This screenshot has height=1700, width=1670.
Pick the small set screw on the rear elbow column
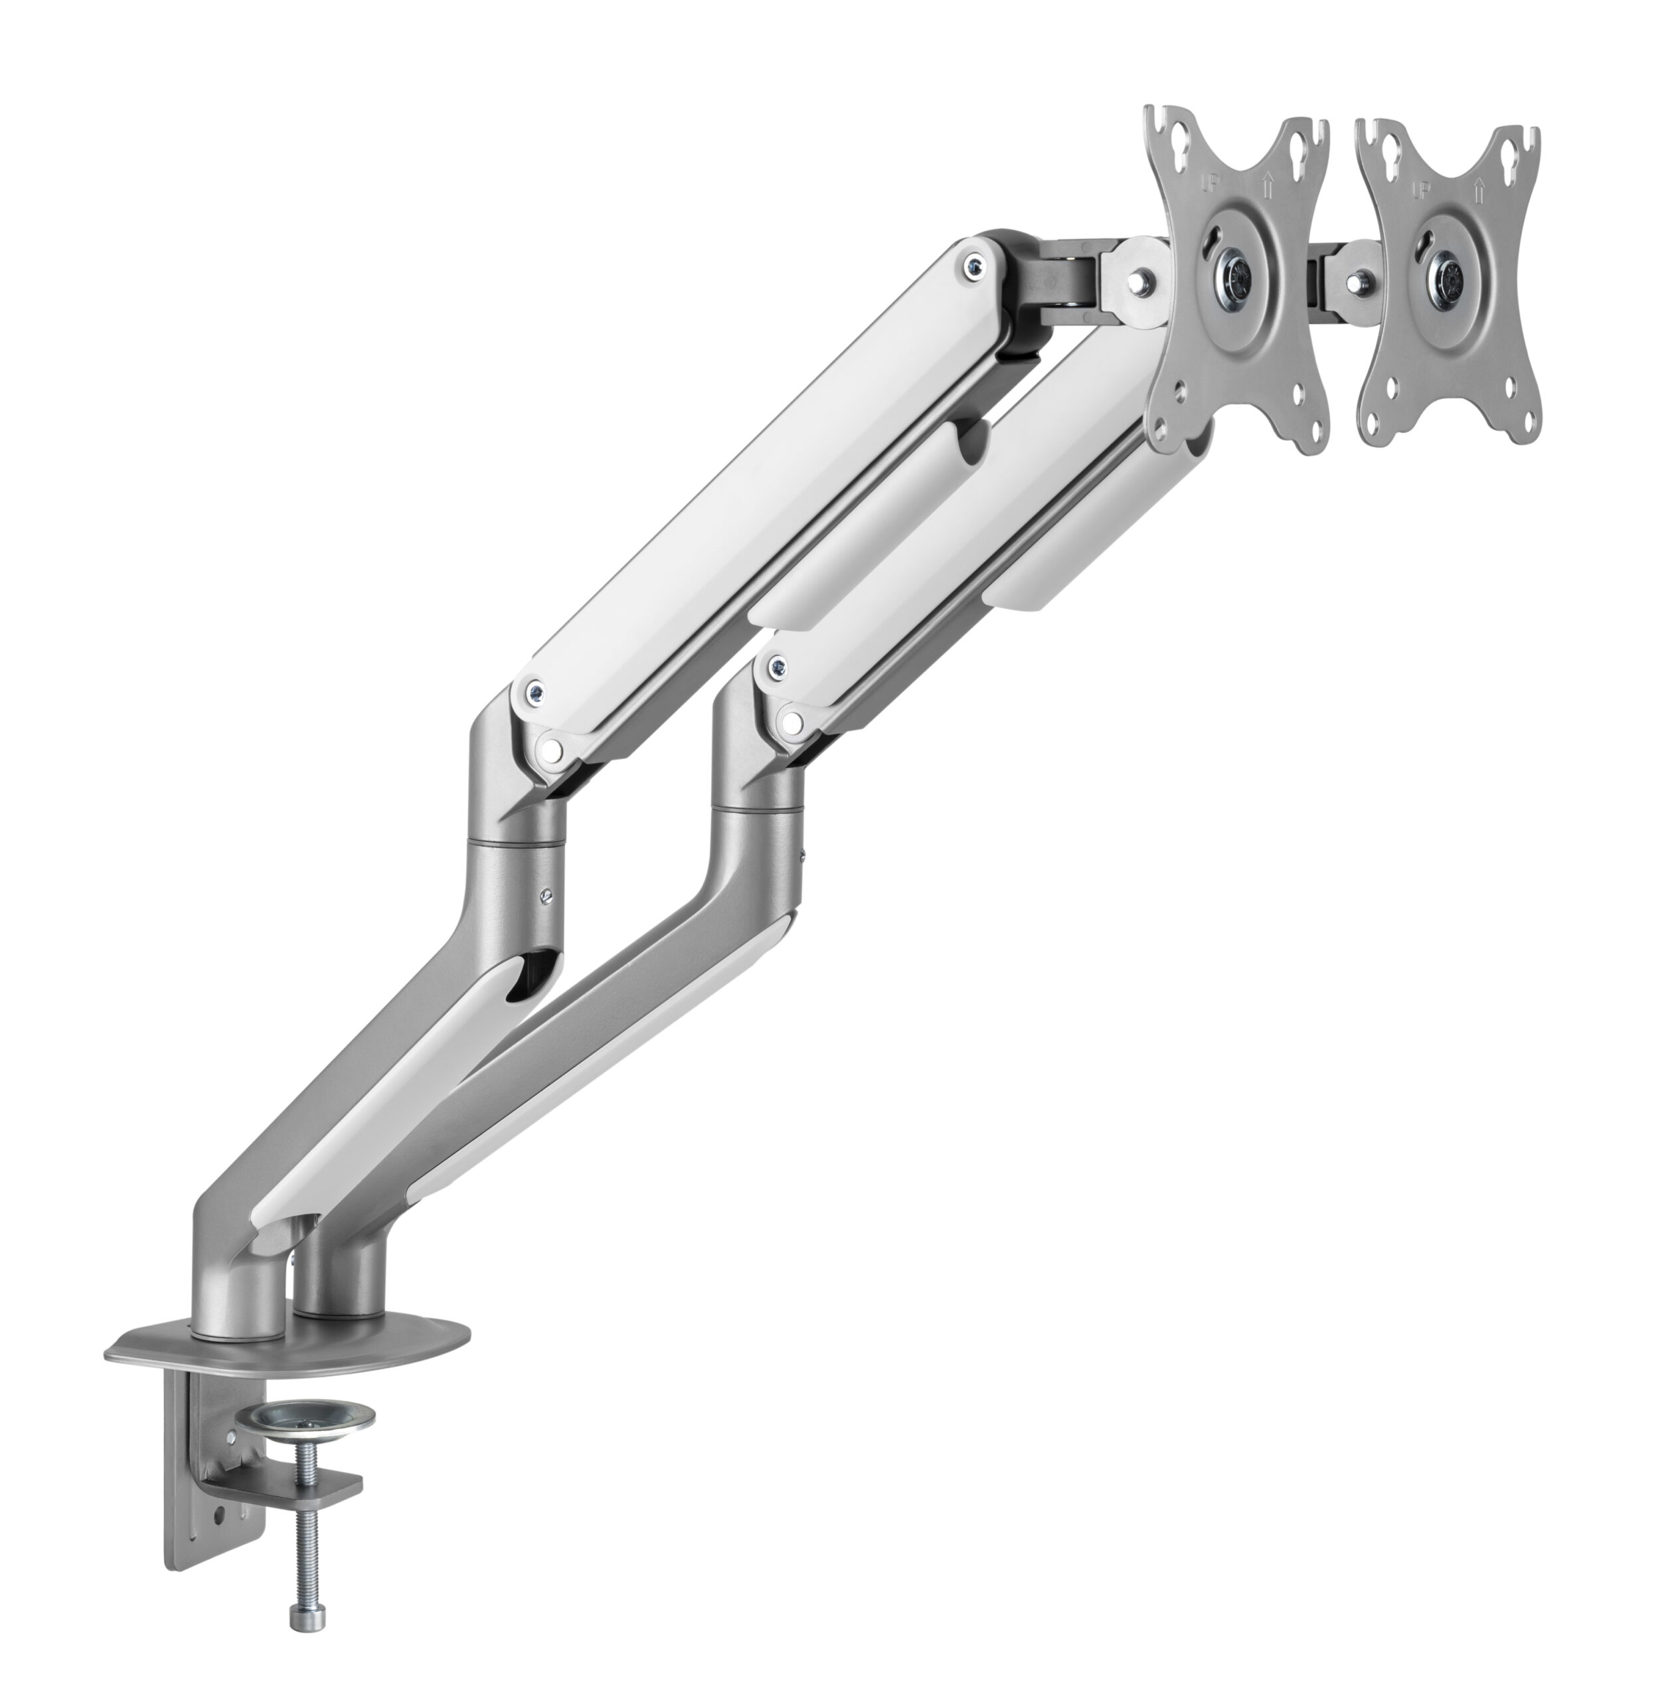(x=548, y=896)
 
